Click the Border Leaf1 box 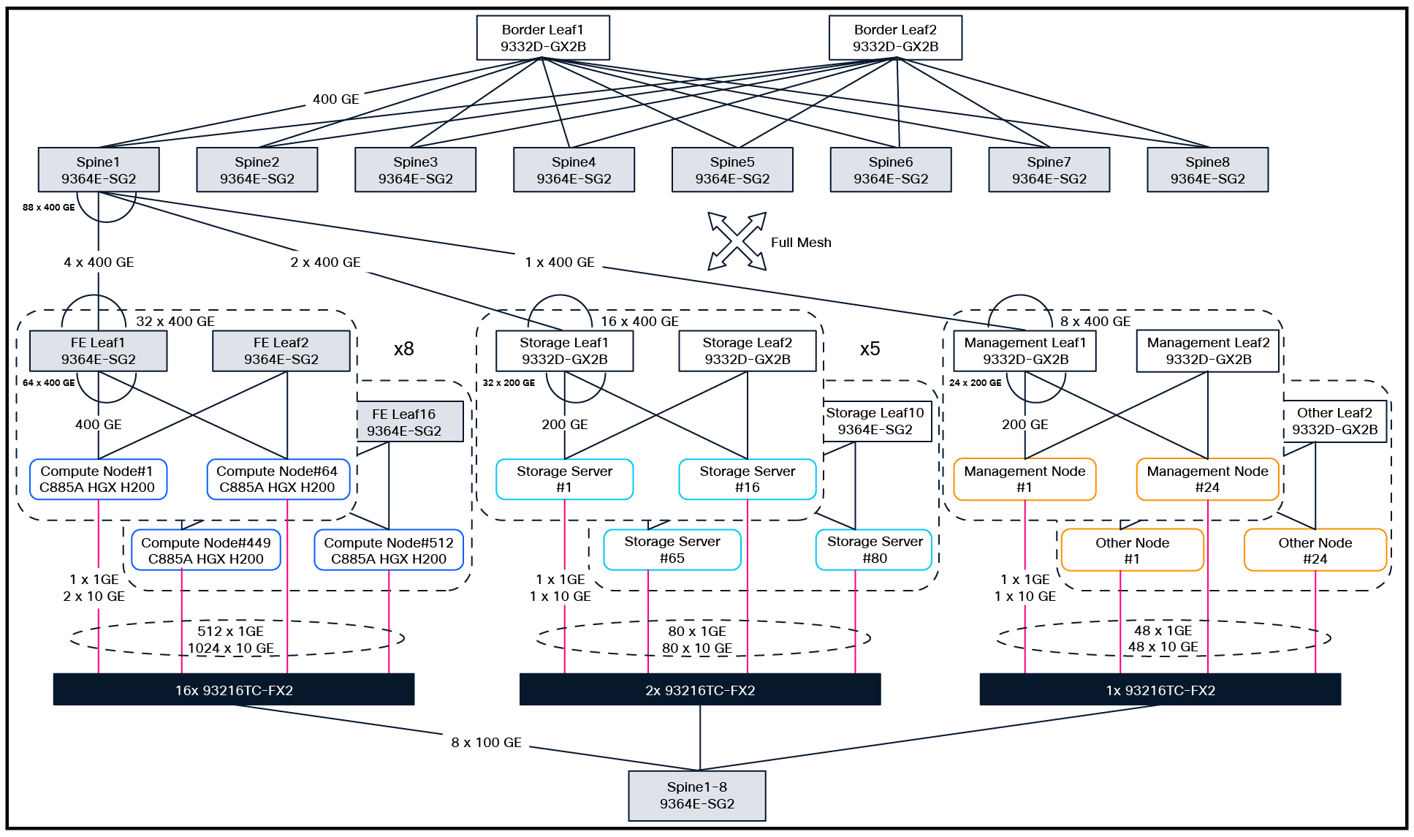point(542,38)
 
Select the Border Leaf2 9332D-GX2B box point(895,38)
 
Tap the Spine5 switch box point(732,170)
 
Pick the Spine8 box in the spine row point(1207,170)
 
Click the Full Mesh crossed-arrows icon point(737,241)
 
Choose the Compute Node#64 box point(278,480)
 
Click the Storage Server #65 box point(672,550)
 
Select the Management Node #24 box point(1207,480)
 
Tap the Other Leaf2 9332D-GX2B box point(1334,422)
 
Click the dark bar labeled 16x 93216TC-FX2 point(234,689)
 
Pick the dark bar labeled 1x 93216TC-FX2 point(1160,689)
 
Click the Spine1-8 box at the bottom point(696,795)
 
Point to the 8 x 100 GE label point(486,743)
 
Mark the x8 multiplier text point(403,349)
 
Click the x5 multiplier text point(870,349)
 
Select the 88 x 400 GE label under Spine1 point(48,208)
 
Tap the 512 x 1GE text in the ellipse point(230,631)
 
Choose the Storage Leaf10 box point(875,422)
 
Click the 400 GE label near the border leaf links point(335,99)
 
